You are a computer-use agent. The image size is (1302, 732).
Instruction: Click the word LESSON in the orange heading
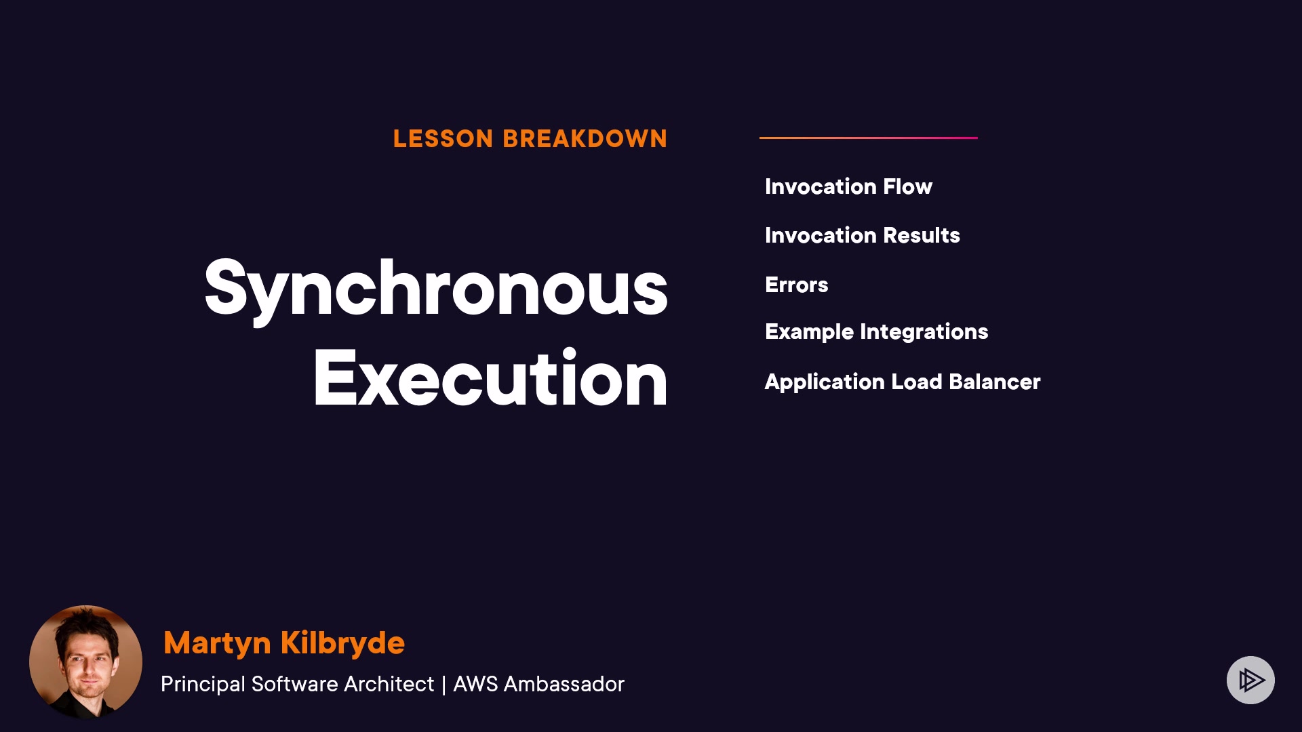(x=443, y=139)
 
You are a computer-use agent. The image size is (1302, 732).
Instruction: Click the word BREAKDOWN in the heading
(x=585, y=139)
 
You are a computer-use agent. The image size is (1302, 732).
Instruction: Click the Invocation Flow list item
(x=848, y=186)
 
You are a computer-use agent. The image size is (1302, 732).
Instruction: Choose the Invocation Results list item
(x=863, y=235)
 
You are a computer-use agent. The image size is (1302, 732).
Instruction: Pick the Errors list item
(x=797, y=285)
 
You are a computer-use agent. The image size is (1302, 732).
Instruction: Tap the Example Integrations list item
(x=877, y=332)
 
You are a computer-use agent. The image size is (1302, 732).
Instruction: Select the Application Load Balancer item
(x=903, y=382)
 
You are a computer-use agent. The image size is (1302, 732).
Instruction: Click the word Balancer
(x=995, y=382)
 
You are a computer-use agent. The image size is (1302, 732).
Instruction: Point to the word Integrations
(x=924, y=332)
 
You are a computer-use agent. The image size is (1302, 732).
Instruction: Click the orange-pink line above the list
(x=869, y=138)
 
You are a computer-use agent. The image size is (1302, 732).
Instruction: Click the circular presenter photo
(x=85, y=662)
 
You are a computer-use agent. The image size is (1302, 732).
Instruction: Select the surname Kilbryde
(x=342, y=643)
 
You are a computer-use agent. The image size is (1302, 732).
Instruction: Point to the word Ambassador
(x=564, y=684)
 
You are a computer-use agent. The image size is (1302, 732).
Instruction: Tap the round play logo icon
(x=1250, y=680)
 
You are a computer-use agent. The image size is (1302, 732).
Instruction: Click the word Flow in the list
(x=908, y=186)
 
